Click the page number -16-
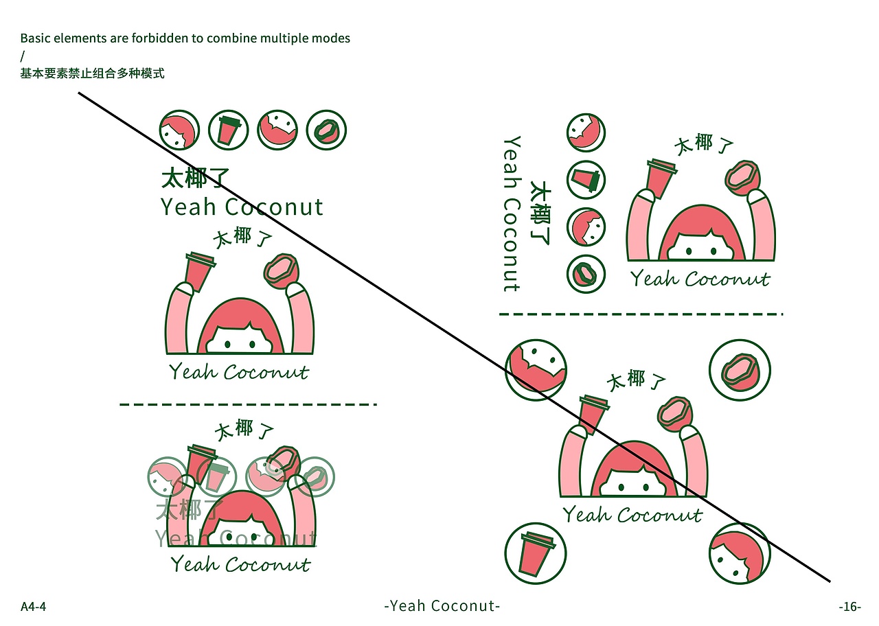tap(849, 607)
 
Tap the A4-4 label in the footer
tap(33, 607)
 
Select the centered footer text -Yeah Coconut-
tap(442, 606)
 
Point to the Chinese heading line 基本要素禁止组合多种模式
tap(92, 73)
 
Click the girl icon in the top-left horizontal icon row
tap(179, 130)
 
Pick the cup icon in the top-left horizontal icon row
tap(228, 130)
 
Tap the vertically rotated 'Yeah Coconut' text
tap(512, 213)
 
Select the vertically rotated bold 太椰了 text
tap(542, 213)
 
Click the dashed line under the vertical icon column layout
tap(641, 314)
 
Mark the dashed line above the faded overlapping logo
tap(248, 404)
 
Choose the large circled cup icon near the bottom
tap(536, 553)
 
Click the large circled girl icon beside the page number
tap(740, 553)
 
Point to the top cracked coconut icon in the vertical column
tap(586, 132)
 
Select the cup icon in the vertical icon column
tap(586, 180)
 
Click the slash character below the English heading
tap(22, 56)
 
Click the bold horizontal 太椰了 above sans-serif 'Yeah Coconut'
tap(194, 178)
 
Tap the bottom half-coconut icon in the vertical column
tap(586, 275)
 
